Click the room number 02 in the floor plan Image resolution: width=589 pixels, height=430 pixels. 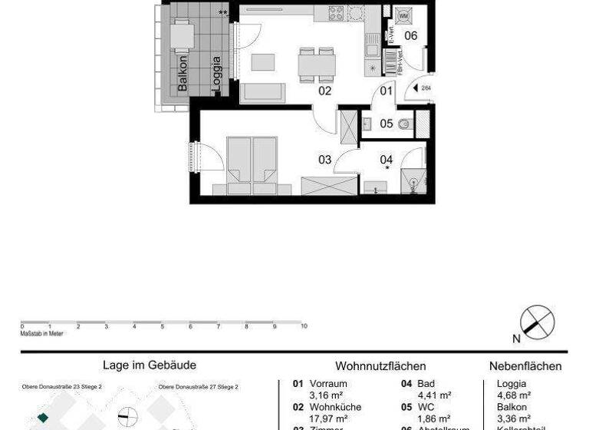[324, 91]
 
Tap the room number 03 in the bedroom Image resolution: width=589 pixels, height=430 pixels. [324, 160]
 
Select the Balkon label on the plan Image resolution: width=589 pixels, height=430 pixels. [183, 74]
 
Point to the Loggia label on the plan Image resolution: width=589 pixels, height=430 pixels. [217, 74]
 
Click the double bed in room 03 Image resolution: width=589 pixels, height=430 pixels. [252, 163]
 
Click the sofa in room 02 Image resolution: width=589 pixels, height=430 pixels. [264, 93]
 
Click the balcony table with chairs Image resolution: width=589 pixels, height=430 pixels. [183, 35]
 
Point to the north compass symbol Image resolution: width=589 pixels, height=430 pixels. [537, 321]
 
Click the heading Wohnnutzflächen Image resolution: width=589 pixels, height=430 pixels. [380, 367]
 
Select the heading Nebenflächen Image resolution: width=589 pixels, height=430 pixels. [525, 367]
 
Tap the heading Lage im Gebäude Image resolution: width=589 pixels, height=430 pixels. [150, 366]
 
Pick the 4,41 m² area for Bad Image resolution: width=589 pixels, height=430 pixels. [434, 395]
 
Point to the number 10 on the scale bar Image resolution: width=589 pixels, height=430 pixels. [304, 326]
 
